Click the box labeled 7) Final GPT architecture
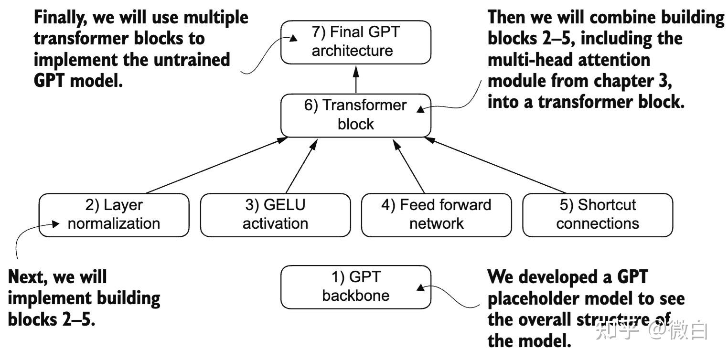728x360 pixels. point(355,42)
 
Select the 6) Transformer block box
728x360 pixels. point(355,115)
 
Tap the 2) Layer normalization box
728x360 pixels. point(114,214)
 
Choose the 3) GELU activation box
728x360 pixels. point(275,214)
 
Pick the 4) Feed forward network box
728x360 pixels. point(436,214)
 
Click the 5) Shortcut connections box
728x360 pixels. point(597,214)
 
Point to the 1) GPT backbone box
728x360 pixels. point(355,286)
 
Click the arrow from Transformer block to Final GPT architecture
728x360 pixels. point(356,79)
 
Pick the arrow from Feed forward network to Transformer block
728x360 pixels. point(410,165)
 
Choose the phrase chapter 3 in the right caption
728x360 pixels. point(632,81)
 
